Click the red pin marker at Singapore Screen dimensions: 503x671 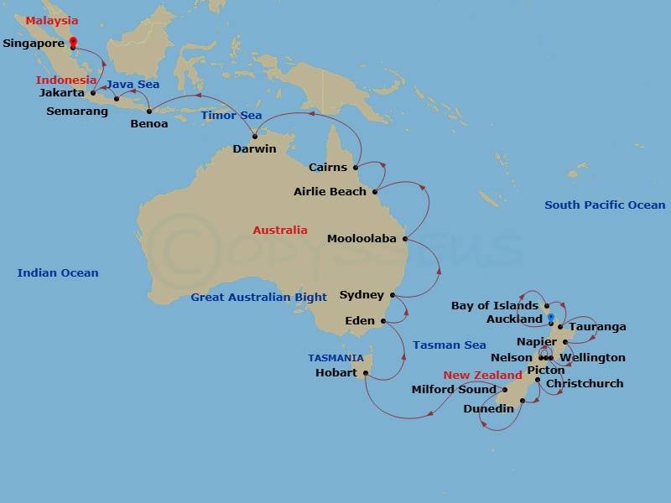pos(73,42)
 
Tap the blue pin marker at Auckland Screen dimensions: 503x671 pos(550,318)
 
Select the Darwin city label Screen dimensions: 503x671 pos(254,149)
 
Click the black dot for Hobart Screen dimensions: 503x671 pos(366,373)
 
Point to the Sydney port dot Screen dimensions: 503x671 pos(393,295)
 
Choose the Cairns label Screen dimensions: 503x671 pos(327,167)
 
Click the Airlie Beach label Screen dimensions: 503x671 pos(330,192)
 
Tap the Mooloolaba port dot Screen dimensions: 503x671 pos(405,239)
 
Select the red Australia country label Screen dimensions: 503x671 pos(279,230)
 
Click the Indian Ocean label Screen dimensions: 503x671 pos(58,272)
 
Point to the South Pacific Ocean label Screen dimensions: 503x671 pos(605,205)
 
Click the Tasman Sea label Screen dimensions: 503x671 pos(449,345)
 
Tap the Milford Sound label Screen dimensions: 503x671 pos(454,389)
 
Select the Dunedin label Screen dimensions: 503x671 pos(488,409)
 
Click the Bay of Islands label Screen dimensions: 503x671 pos(495,306)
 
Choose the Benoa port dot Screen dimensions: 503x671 pos(149,111)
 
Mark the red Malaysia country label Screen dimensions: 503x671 pos(51,21)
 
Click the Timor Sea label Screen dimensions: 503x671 pos(231,116)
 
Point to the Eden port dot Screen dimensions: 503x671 pos(382,321)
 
